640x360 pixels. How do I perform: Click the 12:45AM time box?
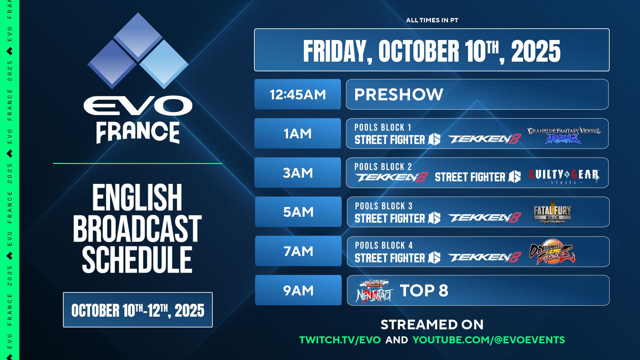297,94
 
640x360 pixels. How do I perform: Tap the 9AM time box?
298,290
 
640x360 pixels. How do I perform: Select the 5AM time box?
298,212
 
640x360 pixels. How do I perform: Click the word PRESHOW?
399,95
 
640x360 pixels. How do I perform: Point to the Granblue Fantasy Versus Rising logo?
564,135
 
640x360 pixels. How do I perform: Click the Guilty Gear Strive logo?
564,176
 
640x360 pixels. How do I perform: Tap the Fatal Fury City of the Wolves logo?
552,212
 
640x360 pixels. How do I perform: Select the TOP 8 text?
424,291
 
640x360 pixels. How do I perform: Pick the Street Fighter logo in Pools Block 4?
397,258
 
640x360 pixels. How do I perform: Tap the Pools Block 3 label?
384,206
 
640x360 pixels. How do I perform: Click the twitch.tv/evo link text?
340,340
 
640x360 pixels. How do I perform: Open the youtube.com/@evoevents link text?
489,340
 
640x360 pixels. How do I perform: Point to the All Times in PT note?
432,20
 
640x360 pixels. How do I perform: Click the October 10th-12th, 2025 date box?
138,310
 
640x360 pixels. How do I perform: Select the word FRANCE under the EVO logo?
138,132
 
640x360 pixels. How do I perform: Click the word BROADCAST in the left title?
137,228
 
